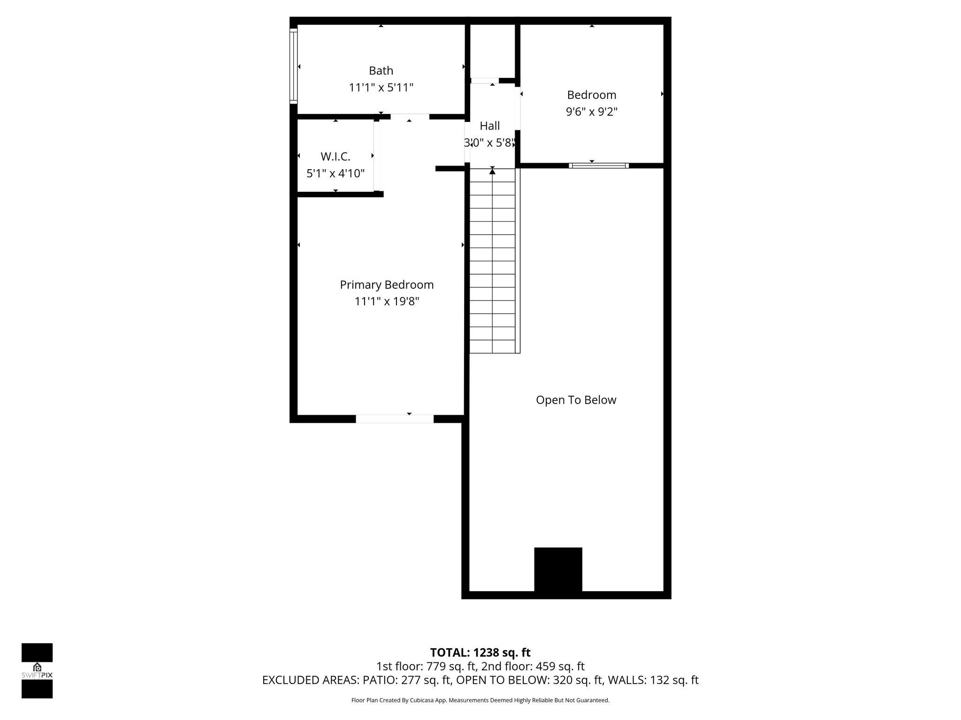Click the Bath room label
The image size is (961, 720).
(381, 71)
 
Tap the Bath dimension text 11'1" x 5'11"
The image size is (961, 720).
(381, 88)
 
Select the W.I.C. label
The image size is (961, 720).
(336, 157)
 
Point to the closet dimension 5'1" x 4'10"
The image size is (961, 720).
(336, 173)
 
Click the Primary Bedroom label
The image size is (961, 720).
(387, 285)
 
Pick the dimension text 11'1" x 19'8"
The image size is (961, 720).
(387, 301)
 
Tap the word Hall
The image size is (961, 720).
(490, 126)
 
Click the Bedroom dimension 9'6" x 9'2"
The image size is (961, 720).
(592, 112)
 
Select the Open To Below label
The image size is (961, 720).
(576, 400)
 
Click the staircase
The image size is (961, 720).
(493, 261)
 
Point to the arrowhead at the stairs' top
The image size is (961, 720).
(492, 172)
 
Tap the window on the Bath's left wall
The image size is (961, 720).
(293, 66)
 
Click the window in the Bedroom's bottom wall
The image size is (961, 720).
(599, 165)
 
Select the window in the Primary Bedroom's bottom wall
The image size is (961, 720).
(395, 419)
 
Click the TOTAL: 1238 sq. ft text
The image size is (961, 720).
(480, 652)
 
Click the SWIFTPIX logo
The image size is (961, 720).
(37, 671)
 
